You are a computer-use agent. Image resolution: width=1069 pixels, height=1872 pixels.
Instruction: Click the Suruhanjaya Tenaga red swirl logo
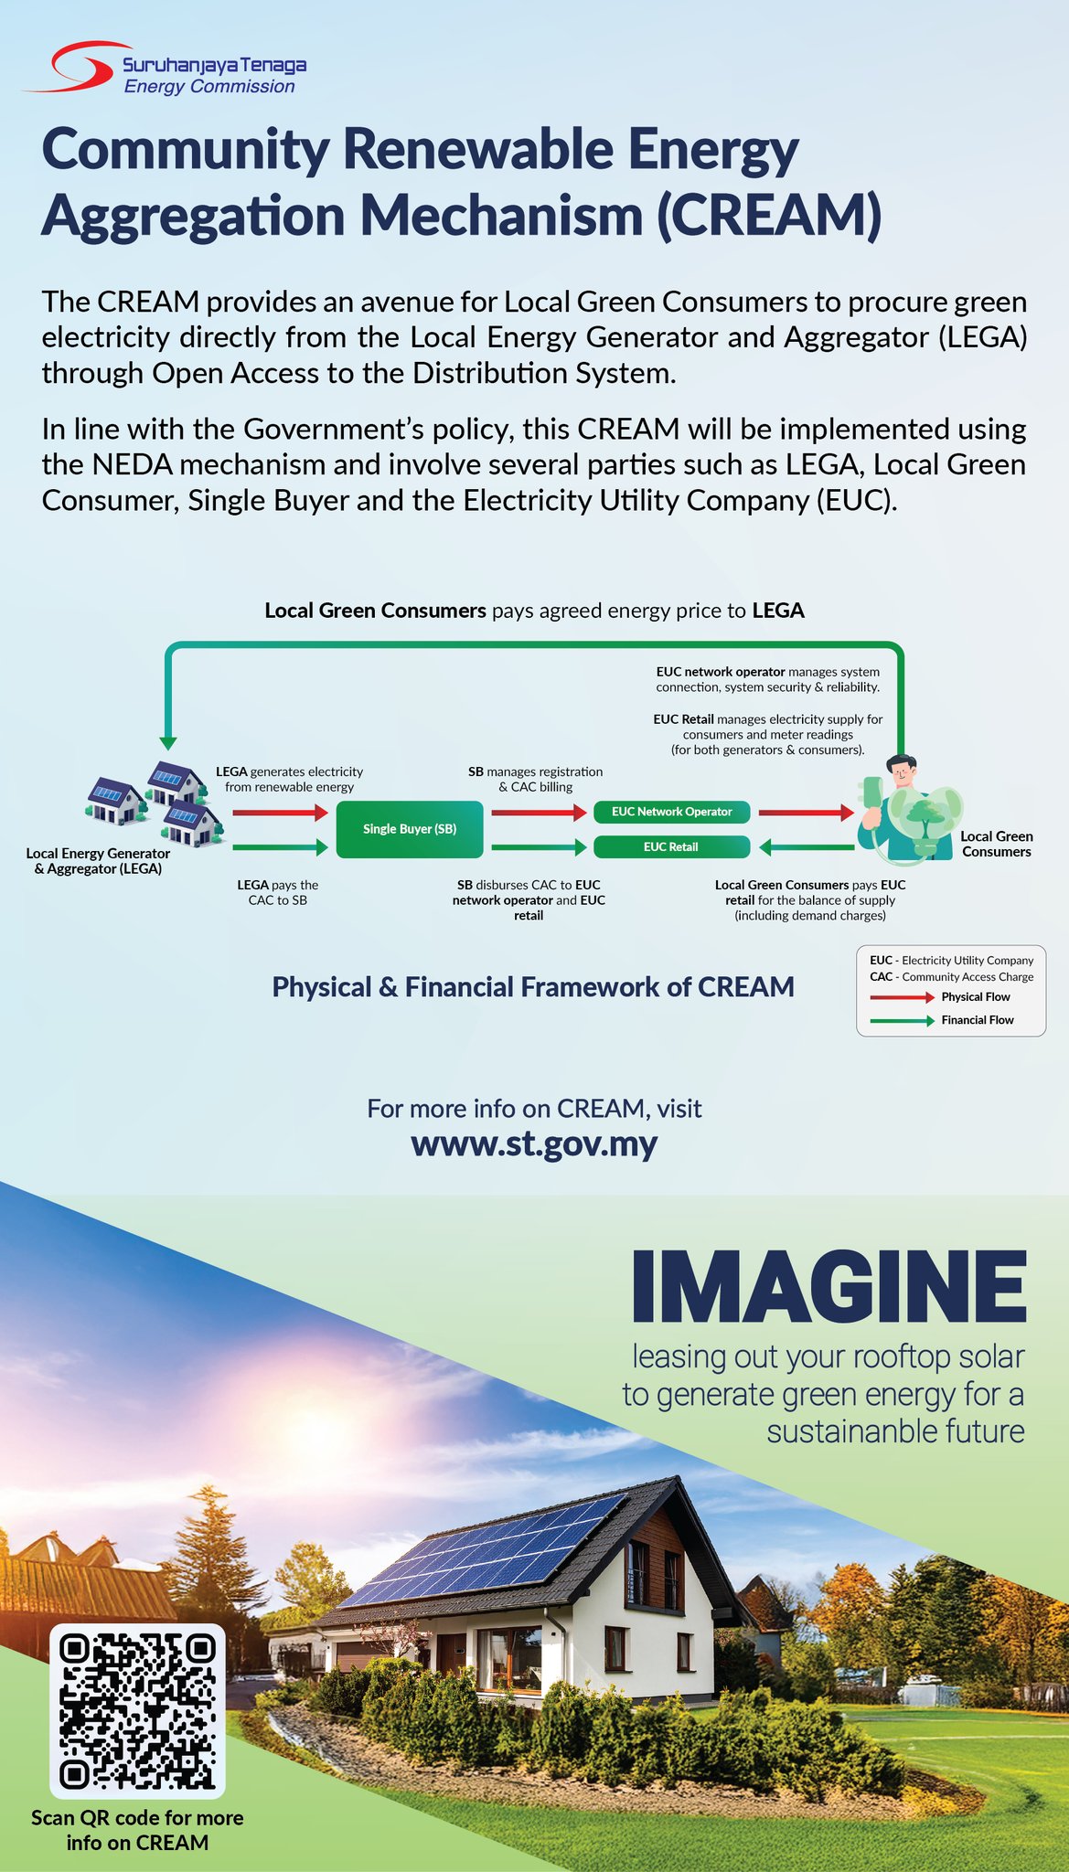pos(77,66)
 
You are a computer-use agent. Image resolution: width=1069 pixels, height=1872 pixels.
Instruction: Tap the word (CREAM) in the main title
pos(768,216)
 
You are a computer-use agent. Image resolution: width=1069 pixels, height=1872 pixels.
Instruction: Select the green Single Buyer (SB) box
pos(410,829)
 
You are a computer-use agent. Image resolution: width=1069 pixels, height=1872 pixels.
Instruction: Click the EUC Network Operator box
pos(672,812)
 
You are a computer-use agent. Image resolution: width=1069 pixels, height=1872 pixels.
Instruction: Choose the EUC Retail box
pos(672,847)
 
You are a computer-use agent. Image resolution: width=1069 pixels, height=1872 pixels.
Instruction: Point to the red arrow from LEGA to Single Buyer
pos(280,812)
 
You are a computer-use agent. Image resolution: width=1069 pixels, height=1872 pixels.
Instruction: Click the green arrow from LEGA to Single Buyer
pos(280,847)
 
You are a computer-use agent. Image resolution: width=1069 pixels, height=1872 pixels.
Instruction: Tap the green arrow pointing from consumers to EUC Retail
pos(807,847)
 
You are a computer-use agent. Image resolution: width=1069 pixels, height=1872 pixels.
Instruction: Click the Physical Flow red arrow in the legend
pos(902,997)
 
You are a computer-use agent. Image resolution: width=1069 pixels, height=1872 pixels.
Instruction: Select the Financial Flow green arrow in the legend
pos(902,1020)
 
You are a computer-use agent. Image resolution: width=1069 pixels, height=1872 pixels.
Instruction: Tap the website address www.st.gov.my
pos(534,1144)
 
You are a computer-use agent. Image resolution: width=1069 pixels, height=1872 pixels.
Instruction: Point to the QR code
pos(137,1712)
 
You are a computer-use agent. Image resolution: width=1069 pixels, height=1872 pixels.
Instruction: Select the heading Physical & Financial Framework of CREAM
pos(533,987)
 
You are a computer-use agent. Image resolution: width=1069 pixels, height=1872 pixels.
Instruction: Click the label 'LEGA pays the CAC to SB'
pos(278,893)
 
